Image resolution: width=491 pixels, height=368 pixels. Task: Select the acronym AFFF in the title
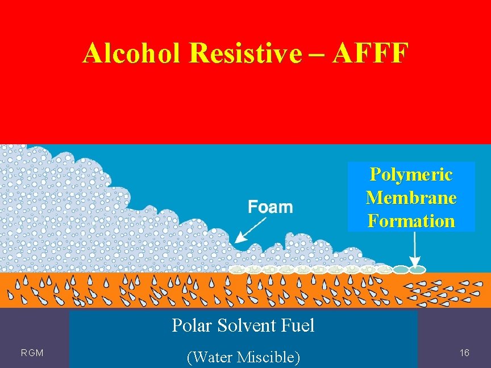[371, 53]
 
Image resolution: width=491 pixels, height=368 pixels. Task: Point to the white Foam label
[271, 207]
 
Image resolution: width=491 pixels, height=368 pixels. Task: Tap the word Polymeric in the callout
[411, 174]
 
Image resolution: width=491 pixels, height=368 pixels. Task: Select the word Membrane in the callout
[411, 197]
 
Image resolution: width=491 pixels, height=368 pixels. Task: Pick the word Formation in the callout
[411, 220]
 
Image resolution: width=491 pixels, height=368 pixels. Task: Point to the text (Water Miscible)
[243, 357]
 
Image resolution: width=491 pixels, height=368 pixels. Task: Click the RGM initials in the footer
[32, 353]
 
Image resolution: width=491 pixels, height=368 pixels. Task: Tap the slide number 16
[464, 353]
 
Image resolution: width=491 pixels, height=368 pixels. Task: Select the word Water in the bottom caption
[215, 357]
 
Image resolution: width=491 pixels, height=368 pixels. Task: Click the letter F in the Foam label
[252, 207]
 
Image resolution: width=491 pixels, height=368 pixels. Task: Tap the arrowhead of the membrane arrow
[415, 263]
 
